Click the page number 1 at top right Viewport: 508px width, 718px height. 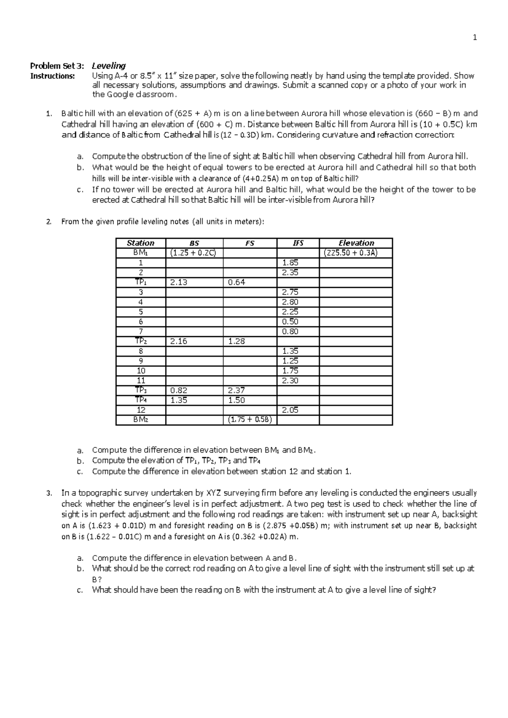[x=475, y=38]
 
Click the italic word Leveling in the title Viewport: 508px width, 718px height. [x=109, y=66]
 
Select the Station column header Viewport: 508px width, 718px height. [x=141, y=243]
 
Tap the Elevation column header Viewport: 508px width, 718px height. [x=356, y=243]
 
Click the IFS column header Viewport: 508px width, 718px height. [x=298, y=243]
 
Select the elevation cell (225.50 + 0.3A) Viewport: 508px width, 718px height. [x=351, y=253]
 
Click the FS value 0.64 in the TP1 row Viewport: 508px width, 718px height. [x=236, y=282]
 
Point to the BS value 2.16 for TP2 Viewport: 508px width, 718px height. [x=178, y=341]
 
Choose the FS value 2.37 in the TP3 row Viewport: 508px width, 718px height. [x=236, y=390]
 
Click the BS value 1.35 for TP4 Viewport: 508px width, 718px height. [x=178, y=400]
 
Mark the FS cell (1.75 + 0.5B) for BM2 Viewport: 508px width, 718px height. [x=250, y=420]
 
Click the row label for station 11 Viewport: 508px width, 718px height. [x=141, y=381]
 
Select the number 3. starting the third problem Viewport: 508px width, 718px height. [x=49, y=493]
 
